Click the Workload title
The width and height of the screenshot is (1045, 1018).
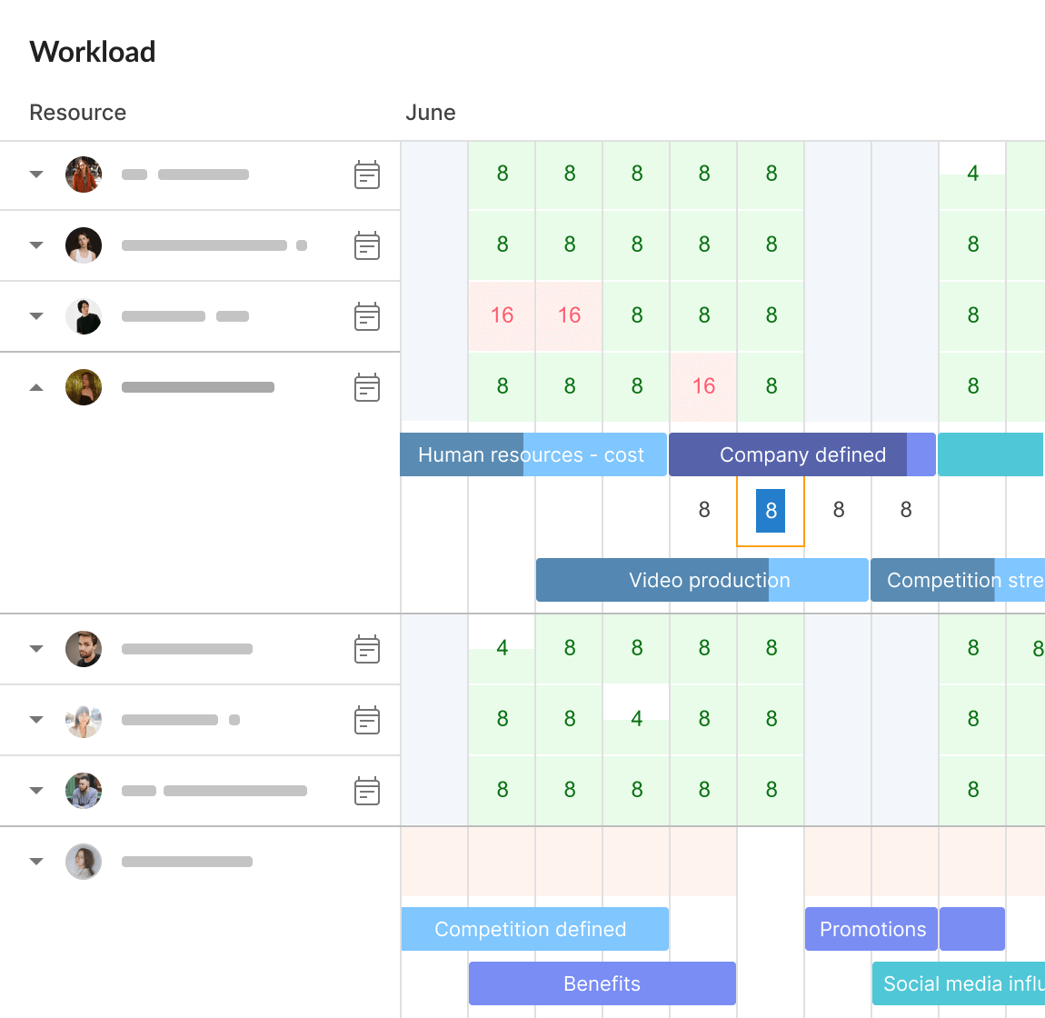click(x=93, y=52)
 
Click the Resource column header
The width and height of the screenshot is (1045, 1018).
click(x=78, y=113)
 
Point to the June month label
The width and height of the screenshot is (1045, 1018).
click(x=431, y=113)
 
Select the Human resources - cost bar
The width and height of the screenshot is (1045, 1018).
click(x=532, y=454)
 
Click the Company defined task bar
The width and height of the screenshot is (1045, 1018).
click(x=801, y=454)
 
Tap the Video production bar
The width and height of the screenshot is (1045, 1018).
click(x=702, y=580)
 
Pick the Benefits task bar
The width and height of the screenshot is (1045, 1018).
click(x=602, y=983)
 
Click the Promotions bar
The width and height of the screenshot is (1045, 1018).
click(x=871, y=929)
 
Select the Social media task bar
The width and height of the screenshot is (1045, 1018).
click(x=959, y=983)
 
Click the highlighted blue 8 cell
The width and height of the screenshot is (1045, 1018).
click(x=771, y=511)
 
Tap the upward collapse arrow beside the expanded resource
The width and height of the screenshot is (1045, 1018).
click(x=36, y=387)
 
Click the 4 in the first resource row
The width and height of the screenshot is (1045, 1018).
click(x=972, y=174)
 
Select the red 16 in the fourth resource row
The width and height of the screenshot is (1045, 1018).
click(x=703, y=386)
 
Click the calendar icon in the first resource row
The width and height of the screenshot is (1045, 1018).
click(x=367, y=175)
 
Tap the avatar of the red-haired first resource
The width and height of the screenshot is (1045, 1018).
click(x=84, y=175)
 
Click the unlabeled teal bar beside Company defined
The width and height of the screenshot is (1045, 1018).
click(x=990, y=454)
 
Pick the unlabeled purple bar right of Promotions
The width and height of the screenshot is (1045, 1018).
click(x=972, y=929)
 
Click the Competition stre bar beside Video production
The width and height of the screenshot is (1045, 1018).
click(x=958, y=580)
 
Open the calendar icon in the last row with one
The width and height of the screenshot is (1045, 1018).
click(x=367, y=791)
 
